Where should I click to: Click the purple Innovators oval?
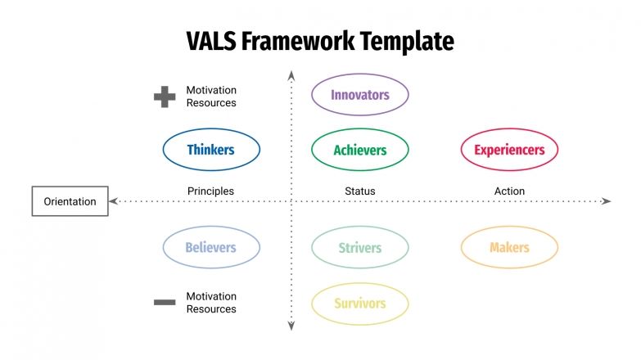click(x=359, y=95)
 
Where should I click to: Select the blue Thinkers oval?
click(x=211, y=150)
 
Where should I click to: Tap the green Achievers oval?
click(x=359, y=150)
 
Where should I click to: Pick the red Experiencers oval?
click(x=508, y=150)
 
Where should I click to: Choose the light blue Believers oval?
click(x=211, y=248)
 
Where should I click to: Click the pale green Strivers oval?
click(x=359, y=248)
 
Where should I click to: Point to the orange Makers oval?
click(x=508, y=248)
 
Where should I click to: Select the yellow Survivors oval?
click(x=359, y=304)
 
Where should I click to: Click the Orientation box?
click(x=70, y=201)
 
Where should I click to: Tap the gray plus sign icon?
click(x=165, y=97)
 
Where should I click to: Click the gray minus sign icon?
click(x=165, y=303)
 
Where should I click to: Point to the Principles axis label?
click(x=210, y=191)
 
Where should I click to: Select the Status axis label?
click(x=359, y=191)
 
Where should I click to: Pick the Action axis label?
click(x=509, y=191)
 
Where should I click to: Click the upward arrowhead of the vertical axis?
click(x=291, y=76)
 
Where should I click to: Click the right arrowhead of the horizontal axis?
click(x=607, y=201)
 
